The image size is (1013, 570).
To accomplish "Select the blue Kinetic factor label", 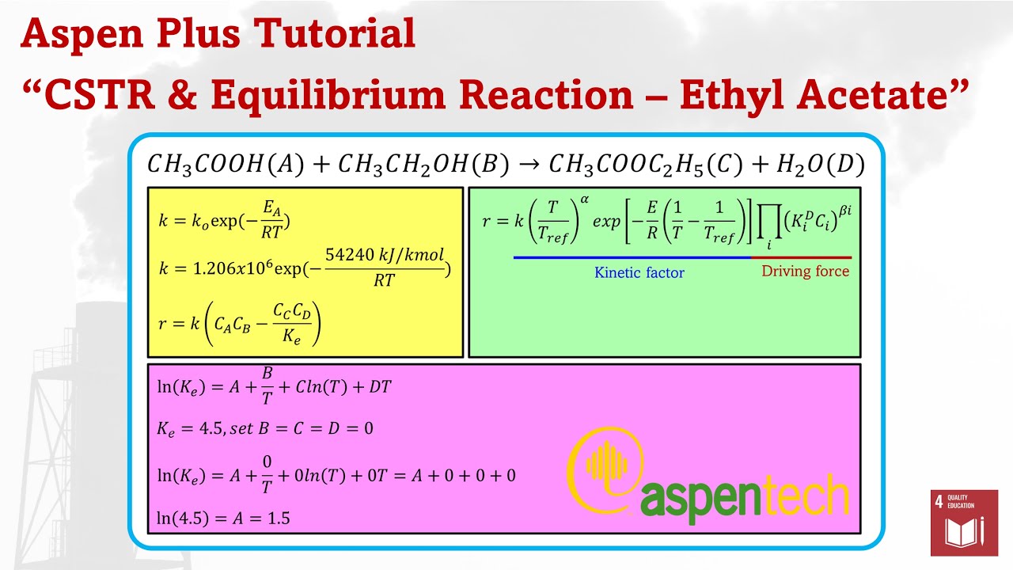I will coord(639,273).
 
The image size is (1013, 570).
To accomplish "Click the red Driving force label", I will coord(805,272).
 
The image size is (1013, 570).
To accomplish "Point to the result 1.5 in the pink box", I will coord(278,519).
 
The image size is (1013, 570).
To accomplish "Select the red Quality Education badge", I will coord(963,522).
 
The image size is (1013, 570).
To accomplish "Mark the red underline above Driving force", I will coord(801,257).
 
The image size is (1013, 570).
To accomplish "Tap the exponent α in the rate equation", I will coord(585,199).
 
